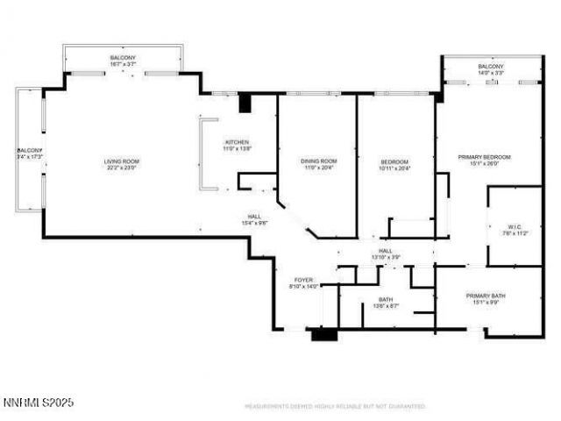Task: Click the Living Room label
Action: tap(122, 161)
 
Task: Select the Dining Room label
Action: tap(319, 161)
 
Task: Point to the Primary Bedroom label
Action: tap(484, 156)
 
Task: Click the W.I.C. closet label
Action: tap(515, 226)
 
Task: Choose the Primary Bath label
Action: tap(484, 296)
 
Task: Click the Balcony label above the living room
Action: tap(123, 57)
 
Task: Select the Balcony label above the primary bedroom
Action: tap(491, 67)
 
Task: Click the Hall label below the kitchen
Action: tap(253, 216)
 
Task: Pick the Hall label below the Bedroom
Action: tap(386, 250)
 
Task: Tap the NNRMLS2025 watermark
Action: tap(39, 403)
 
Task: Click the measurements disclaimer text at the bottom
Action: tap(334, 406)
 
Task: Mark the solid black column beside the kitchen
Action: tap(245, 103)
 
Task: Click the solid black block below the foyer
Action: tap(323, 334)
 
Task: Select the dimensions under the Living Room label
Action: tap(122, 168)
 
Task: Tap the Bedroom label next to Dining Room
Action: tap(394, 161)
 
